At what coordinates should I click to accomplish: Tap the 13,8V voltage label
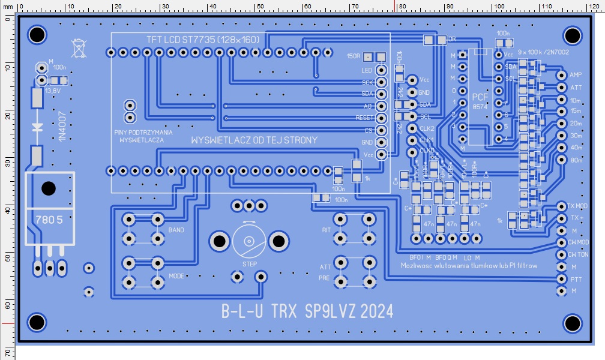click(x=52, y=90)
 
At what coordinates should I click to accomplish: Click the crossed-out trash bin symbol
click(x=78, y=46)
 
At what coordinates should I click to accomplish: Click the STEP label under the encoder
click(x=249, y=264)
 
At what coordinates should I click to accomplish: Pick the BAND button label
click(x=176, y=230)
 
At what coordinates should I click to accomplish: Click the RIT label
click(x=326, y=230)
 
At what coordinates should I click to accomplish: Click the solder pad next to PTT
click(x=562, y=279)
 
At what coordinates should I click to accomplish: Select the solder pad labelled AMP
click(x=562, y=76)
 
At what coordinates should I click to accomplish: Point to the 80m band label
click(x=576, y=160)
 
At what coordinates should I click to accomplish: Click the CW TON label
click(x=579, y=254)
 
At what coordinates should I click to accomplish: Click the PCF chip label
click(x=480, y=97)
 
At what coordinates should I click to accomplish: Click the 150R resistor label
click(x=354, y=56)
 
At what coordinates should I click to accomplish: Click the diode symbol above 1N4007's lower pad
click(x=38, y=127)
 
